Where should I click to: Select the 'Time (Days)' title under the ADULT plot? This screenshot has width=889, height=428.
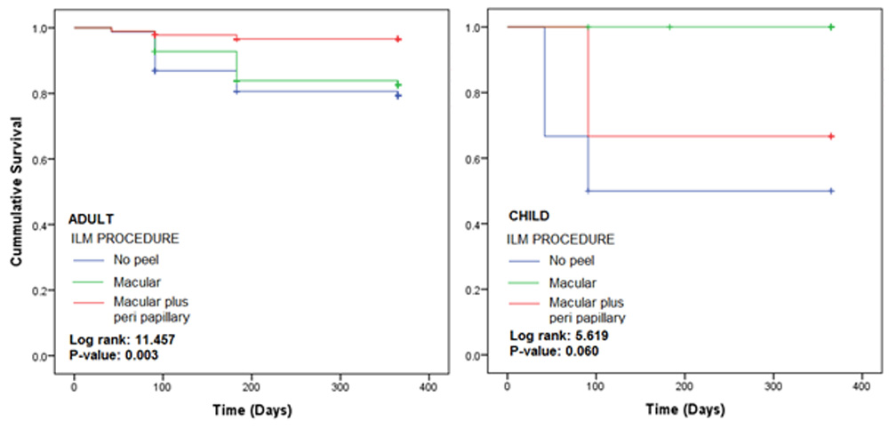tap(251, 411)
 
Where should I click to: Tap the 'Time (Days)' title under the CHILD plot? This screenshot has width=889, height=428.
tap(685, 411)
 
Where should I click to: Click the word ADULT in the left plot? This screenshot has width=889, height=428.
tap(91, 218)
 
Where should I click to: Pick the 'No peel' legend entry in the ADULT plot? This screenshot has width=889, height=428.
tap(134, 260)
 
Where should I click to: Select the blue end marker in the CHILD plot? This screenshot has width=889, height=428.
tap(831, 191)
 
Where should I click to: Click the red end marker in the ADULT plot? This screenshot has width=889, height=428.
tap(398, 39)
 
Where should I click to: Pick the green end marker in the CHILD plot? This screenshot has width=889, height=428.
tap(831, 28)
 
